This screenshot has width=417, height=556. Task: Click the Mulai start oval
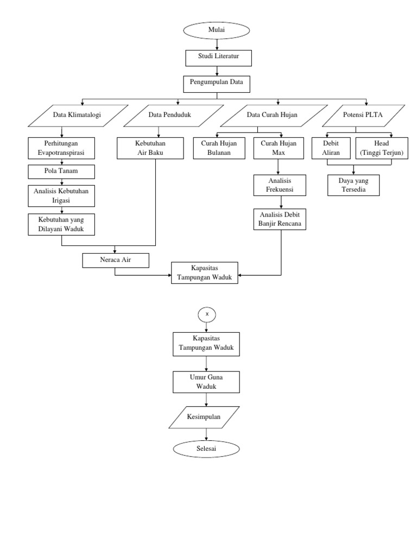coord(217,31)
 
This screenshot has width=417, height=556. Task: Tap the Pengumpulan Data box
coord(217,83)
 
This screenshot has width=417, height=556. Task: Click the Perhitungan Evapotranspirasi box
coord(62,148)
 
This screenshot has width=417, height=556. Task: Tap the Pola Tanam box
coord(62,172)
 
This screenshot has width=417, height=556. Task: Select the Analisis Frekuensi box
coord(280,185)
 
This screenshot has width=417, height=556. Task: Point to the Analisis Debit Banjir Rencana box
coord(280,218)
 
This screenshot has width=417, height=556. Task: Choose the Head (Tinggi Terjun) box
coord(381,148)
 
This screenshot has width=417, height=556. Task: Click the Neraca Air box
coord(115,260)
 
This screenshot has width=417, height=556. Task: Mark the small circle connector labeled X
coord(207,314)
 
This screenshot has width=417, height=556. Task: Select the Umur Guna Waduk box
coord(205,382)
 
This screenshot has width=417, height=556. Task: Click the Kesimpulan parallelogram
coord(205,419)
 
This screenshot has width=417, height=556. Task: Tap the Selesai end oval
coord(206,448)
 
